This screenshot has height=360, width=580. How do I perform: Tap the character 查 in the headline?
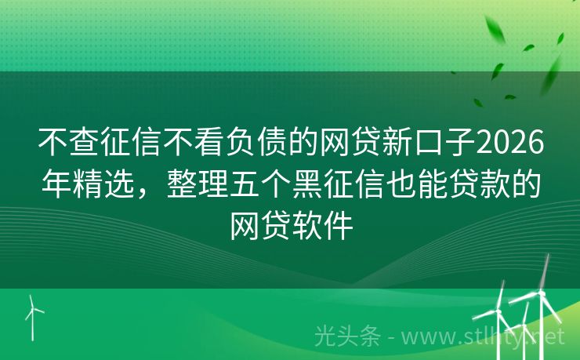pos(82,143)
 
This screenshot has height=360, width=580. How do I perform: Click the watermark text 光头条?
pos(347,337)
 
